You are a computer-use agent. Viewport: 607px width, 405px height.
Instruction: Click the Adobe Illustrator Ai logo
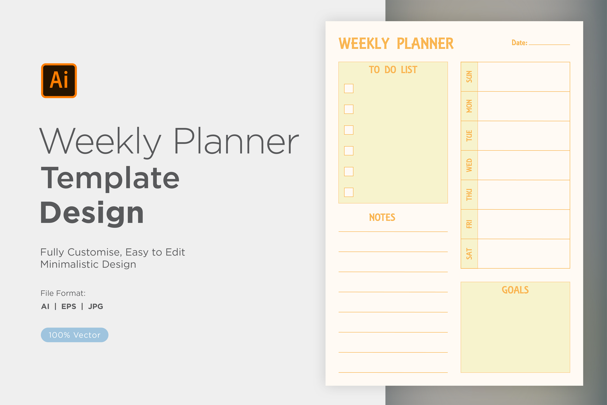[x=59, y=81]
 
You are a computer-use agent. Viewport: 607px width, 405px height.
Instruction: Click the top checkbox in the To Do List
[x=349, y=88]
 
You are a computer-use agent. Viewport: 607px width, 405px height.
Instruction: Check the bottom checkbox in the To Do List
[x=349, y=192]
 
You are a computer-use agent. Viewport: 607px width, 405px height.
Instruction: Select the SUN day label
[x=469, y=77]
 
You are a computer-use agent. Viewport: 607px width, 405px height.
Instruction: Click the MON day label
[x=469, y=106]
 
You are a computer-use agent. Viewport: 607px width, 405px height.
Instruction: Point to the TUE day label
[x=469, y=136]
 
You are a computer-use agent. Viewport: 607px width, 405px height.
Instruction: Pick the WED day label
[x=469, y=165]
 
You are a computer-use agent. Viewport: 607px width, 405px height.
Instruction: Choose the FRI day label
[x=469, y=224]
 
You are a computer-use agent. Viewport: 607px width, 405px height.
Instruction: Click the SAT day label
[x=469, y=254]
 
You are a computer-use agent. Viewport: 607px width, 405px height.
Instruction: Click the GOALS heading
[x=515, y=290]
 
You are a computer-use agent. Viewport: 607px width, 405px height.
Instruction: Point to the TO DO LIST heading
[x=393, y=70]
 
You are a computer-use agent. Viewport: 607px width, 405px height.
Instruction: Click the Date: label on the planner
[x=519, y=43]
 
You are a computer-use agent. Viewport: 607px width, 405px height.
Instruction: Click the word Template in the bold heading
[x=110, y=178]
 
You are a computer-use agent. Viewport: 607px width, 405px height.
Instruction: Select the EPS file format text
[x=69, y=306]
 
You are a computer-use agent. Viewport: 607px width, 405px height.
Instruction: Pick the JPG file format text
[x=95, y=306]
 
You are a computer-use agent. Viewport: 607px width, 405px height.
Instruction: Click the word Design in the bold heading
[x=92, y=213]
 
